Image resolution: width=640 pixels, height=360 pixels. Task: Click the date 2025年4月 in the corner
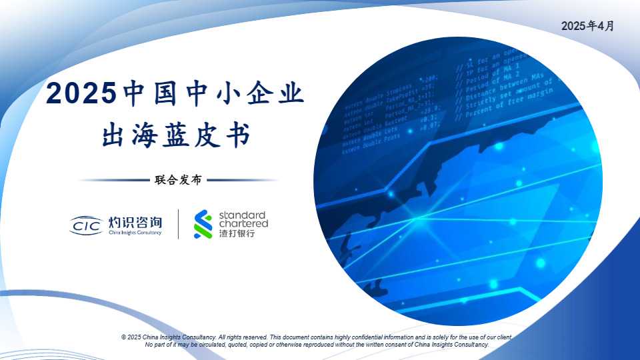pos(587,26)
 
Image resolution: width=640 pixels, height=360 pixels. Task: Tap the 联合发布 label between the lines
pos(178,180)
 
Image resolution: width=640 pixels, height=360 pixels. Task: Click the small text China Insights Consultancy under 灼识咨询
pos(135,233)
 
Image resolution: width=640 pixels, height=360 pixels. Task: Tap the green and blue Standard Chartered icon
pos(203,224)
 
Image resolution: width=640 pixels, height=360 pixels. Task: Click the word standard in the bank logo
pos(243,215)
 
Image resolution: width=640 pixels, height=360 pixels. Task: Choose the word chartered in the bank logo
pos(243,224)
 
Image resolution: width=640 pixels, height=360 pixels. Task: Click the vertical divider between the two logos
pos(178,225)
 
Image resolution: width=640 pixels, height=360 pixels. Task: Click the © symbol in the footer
pos(124,338)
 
